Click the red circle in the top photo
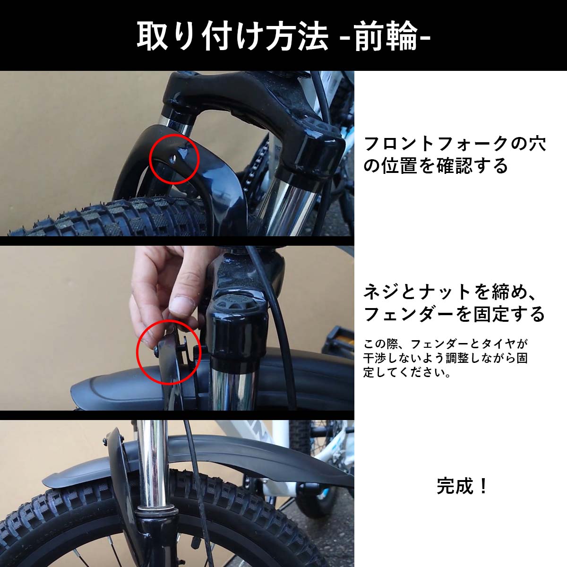coord(173,158)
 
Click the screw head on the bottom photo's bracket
coord(104,441)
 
